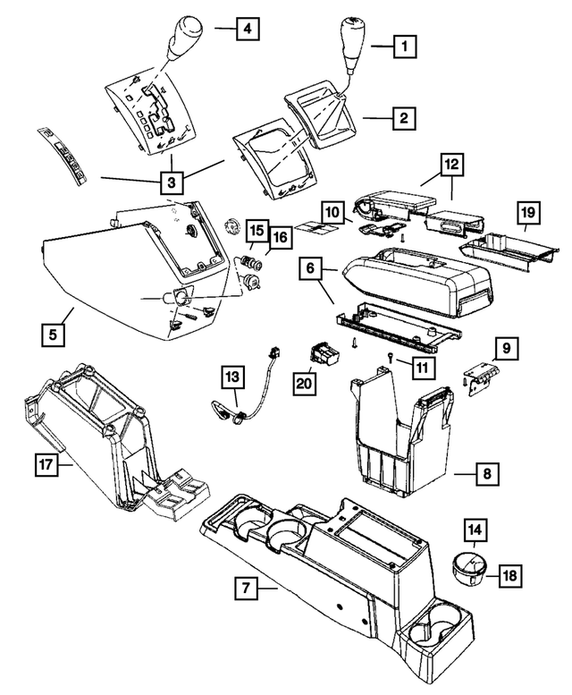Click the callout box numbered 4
point(248,30)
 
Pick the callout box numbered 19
point(529,213)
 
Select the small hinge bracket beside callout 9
point(482,377)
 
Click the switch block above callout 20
point(325,357)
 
